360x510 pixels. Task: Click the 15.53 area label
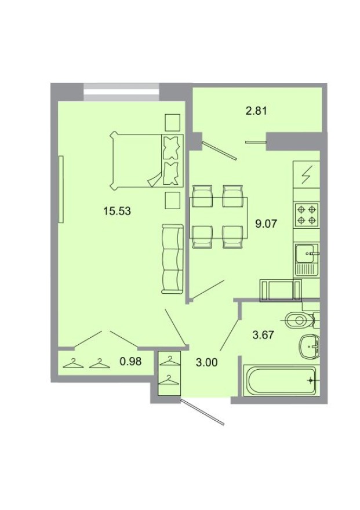tap(117, 212)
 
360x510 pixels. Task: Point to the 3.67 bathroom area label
tap(263, 334)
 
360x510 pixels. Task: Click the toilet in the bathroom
tap(301, 319)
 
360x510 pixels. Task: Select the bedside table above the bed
tap(172, 122)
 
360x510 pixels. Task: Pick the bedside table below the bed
tap(172, 200)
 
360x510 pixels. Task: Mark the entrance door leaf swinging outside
tap(202, 412)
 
